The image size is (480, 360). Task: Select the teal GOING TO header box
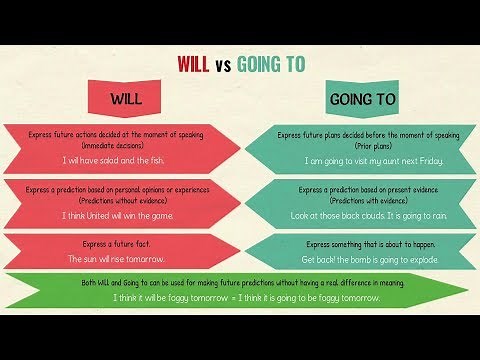pos(362,100)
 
